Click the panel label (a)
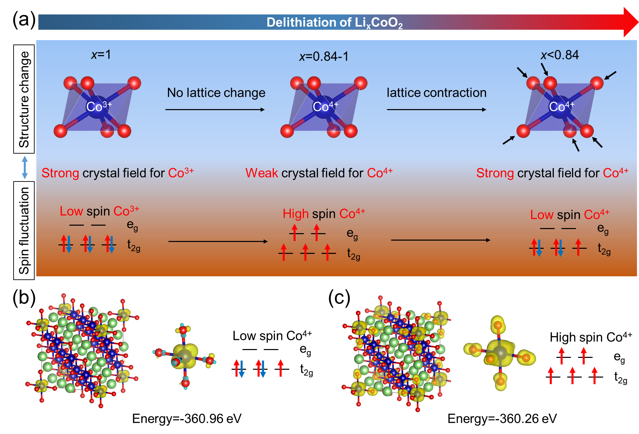24,20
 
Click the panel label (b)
24,298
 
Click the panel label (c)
339,298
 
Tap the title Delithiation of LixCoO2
335,23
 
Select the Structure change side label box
24,99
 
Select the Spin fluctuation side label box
24,230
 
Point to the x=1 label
101,55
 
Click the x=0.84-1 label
324,56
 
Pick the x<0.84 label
560,55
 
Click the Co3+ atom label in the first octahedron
99,106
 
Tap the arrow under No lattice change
215,109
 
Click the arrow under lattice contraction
437,109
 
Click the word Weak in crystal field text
262,173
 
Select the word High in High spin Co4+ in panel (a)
296,214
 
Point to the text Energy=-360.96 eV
187,419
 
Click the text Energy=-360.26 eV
502,419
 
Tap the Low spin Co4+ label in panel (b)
272,335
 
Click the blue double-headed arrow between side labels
24,167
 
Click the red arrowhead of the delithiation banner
631,22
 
